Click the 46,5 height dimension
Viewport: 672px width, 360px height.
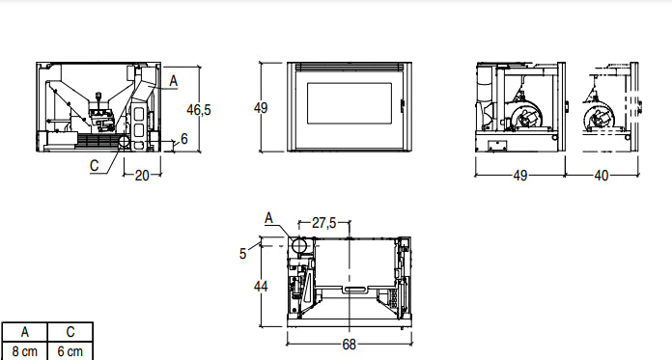coord(199,110)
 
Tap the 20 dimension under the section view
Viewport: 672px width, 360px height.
coord(142,176)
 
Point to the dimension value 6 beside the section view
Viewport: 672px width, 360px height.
coord(183,139)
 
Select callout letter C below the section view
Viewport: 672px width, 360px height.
coord(95,165)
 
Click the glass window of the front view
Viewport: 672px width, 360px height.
coord(350,106)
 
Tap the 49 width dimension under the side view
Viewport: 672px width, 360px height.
coord(519,176)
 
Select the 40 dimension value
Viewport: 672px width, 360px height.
coord(601,176)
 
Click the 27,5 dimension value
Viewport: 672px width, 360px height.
coord(323,223)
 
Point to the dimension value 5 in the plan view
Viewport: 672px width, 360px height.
coord(243,253)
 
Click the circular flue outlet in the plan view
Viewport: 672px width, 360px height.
coord(299,246)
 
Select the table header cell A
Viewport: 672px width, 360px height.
coord(24,333)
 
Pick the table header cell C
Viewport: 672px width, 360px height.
coord(70,333)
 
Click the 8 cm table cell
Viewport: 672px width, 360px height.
coord(24,351)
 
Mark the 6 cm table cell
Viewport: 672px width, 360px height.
coord(70,351)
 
